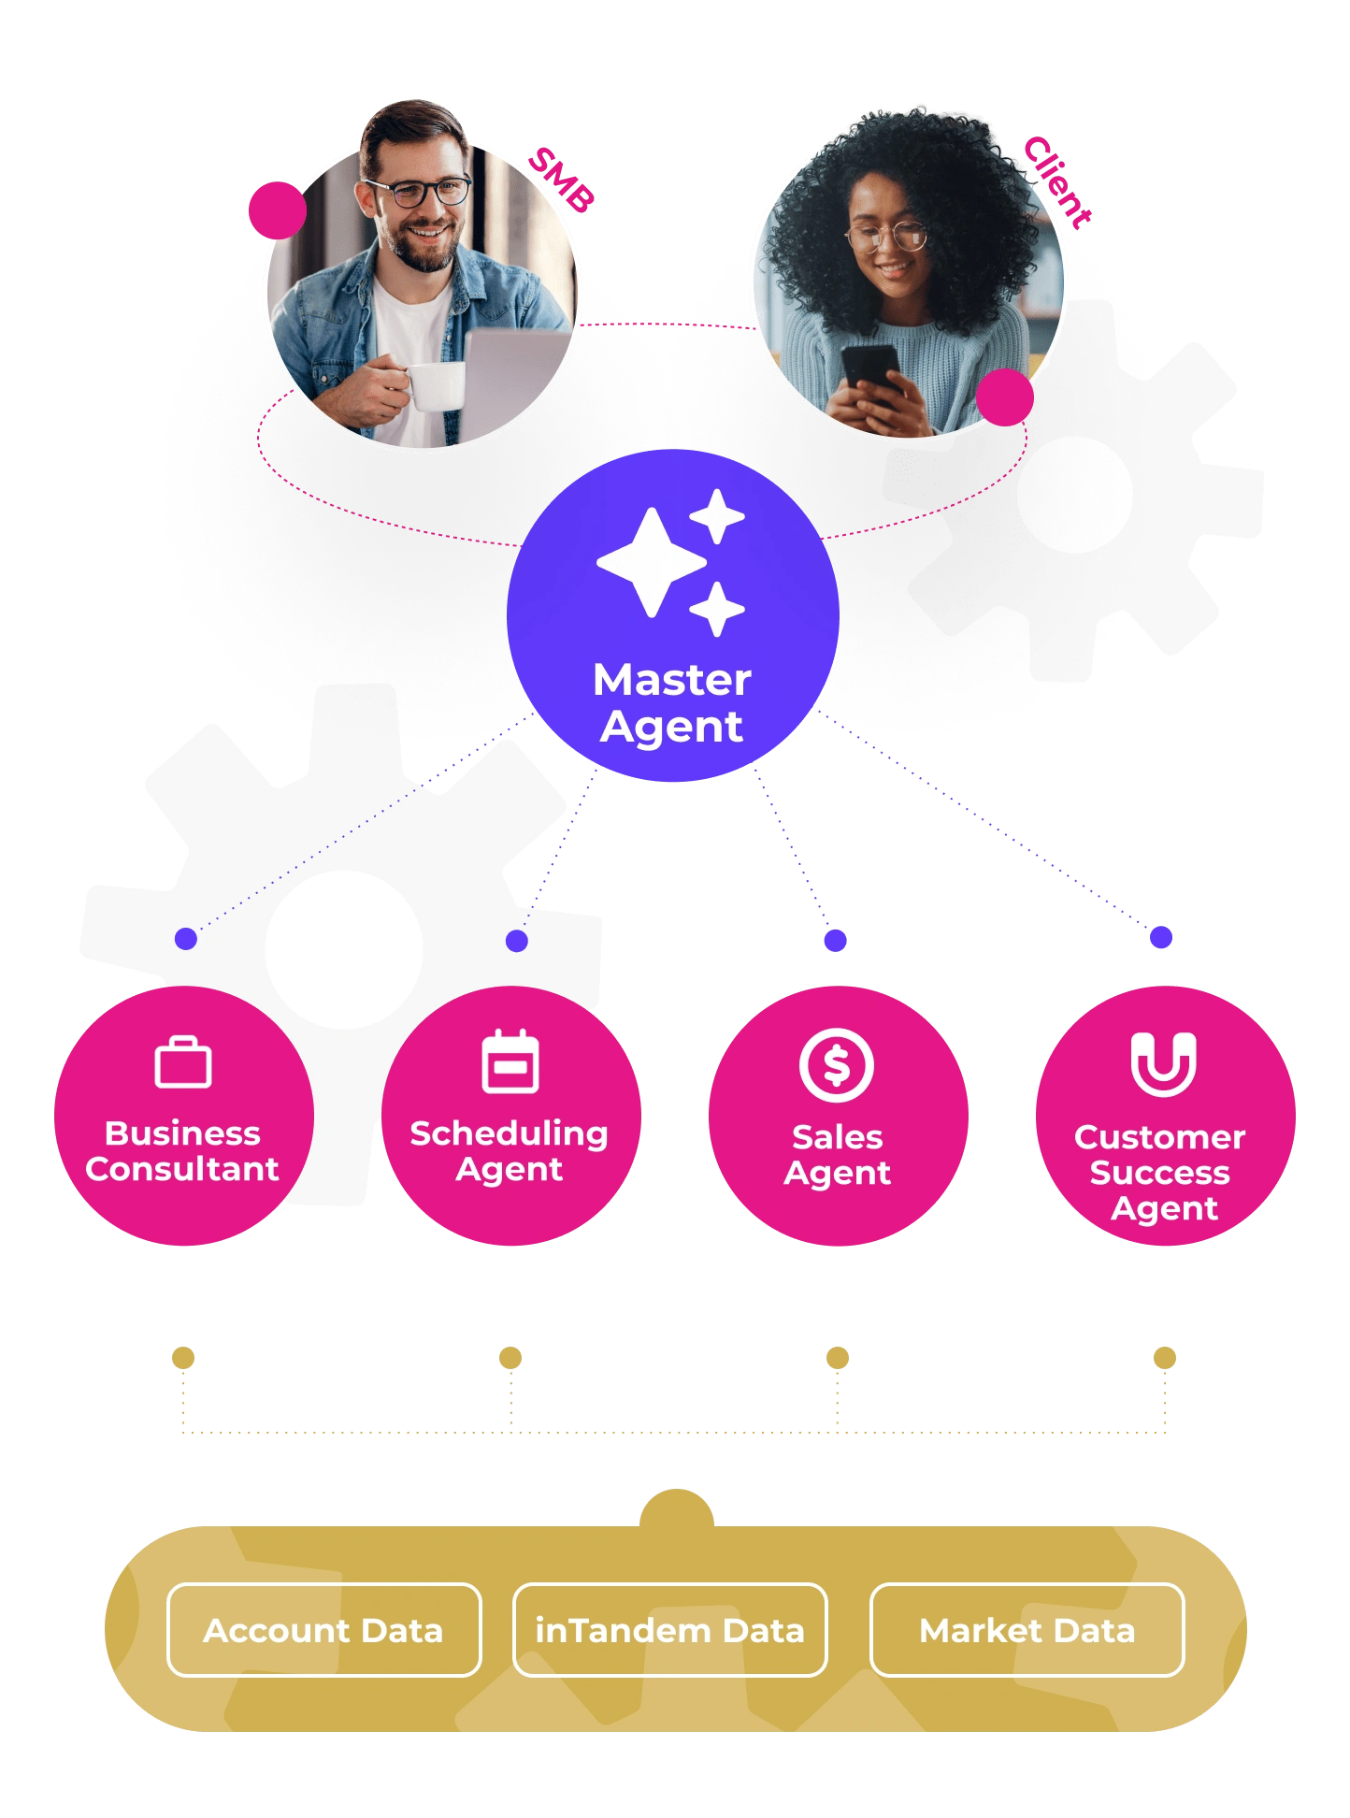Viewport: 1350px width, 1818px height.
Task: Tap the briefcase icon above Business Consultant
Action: click(x=183, y=1063)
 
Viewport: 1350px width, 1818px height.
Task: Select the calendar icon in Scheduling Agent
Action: click(x=510, y=1062)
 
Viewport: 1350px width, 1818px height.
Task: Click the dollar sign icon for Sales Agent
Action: click(x=837, y=1064)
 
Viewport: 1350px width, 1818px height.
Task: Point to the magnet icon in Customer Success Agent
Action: click(x=1164, y=1063)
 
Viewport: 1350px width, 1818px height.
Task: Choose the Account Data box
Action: click(x=323, y=1630)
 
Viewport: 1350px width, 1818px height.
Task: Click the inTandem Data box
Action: click(x=669, y=1630)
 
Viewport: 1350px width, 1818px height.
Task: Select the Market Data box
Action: click(x=1027, y=1630)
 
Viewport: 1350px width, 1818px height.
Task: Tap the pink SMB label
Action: click(x=561, y=179)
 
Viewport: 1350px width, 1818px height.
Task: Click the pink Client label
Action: click(x=1056, y=181)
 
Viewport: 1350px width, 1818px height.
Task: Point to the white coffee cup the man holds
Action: click(x=438, y=386)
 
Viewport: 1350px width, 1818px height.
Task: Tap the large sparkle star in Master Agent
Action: click(x=652, y=562)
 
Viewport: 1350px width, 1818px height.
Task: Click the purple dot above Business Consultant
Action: click(x=186, y=939)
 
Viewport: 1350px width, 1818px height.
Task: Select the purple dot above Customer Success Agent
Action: click(x=1161, y=937)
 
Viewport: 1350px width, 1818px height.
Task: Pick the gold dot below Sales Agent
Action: click(x=838, y=1358)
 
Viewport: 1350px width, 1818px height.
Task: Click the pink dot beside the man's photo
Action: click(x=278, y=210)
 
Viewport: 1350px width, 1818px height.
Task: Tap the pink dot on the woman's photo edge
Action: click(x=1005, y=397)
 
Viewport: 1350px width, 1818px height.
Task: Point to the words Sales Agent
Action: click(x=838, y=1155)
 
